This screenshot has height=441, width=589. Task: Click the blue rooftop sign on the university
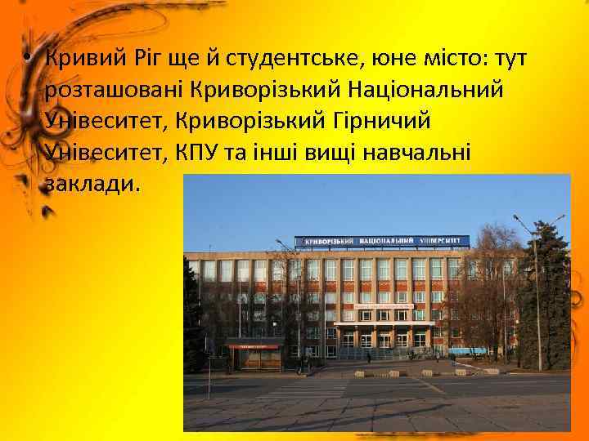click(x=382, y=242)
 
